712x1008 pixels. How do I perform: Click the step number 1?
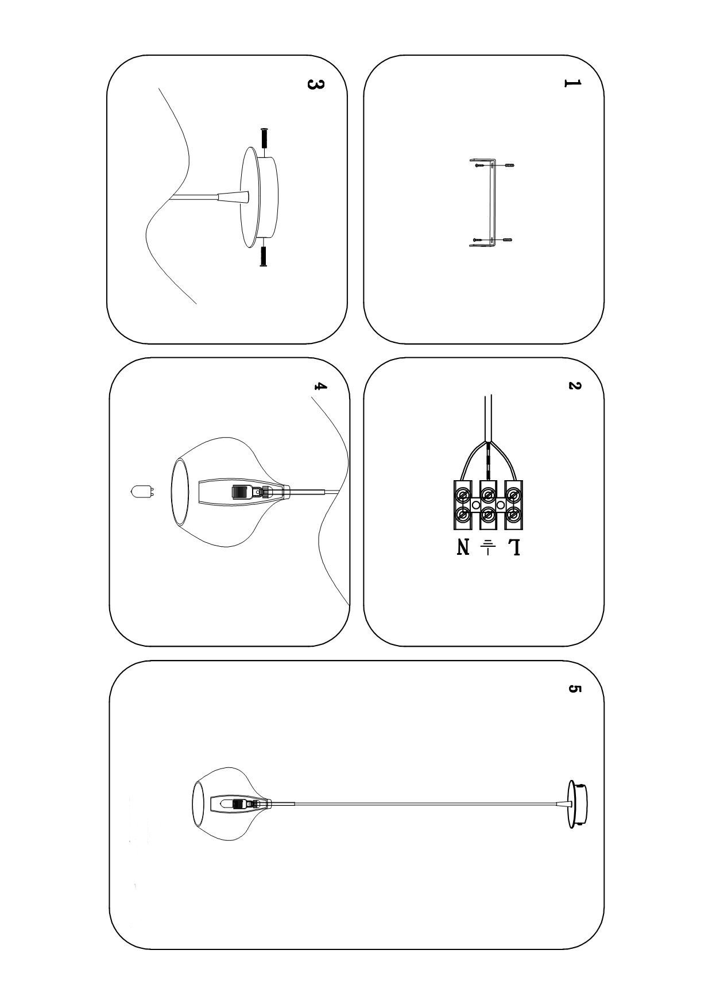click(572, 83)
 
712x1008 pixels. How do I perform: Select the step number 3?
click(315, 84)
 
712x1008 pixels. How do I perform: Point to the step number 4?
click(320, 386)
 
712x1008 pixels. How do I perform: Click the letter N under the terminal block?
click(463, 547)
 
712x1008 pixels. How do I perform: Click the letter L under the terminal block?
click(514, 547)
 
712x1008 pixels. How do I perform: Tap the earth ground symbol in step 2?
click(488, 547)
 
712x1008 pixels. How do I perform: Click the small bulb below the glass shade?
click(142, 492)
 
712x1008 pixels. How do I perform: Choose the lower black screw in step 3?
click(264, 256)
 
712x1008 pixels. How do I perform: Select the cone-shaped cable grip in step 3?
click(233, 197)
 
